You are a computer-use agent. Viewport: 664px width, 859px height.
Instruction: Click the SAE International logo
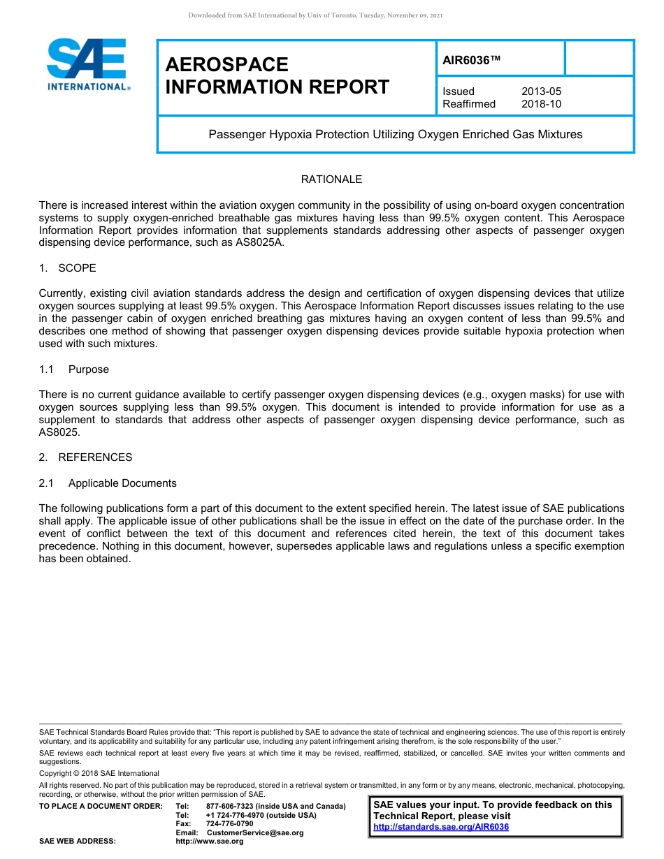(x=87, y=64)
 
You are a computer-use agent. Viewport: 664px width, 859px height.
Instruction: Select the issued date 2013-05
(x=541, y=91)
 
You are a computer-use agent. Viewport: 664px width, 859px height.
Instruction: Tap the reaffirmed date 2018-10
(x=541, y=104)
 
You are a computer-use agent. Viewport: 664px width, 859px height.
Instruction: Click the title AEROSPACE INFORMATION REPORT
(x=277, y=75)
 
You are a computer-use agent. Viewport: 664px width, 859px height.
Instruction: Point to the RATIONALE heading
(x=331, y=179)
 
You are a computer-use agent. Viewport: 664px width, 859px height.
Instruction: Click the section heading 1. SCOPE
(x=68, y=268)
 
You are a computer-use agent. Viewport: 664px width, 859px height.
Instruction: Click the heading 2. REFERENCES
(x=85, y=457)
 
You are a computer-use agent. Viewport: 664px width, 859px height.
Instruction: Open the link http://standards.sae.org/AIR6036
(x=441, y=827)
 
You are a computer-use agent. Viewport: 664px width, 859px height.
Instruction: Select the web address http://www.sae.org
(x=210, y=842)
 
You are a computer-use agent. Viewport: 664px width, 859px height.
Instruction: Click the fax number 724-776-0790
(x=229, y=824)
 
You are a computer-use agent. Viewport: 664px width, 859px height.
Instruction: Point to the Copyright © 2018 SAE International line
(x=99, y=773)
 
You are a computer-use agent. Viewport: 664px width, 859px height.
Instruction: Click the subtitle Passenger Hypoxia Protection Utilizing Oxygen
(x=395, y=134)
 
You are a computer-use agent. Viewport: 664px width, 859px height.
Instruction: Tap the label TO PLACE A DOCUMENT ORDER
(x=101, y=807)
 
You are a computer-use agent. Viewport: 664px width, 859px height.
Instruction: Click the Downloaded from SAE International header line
(x=315, y=15)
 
